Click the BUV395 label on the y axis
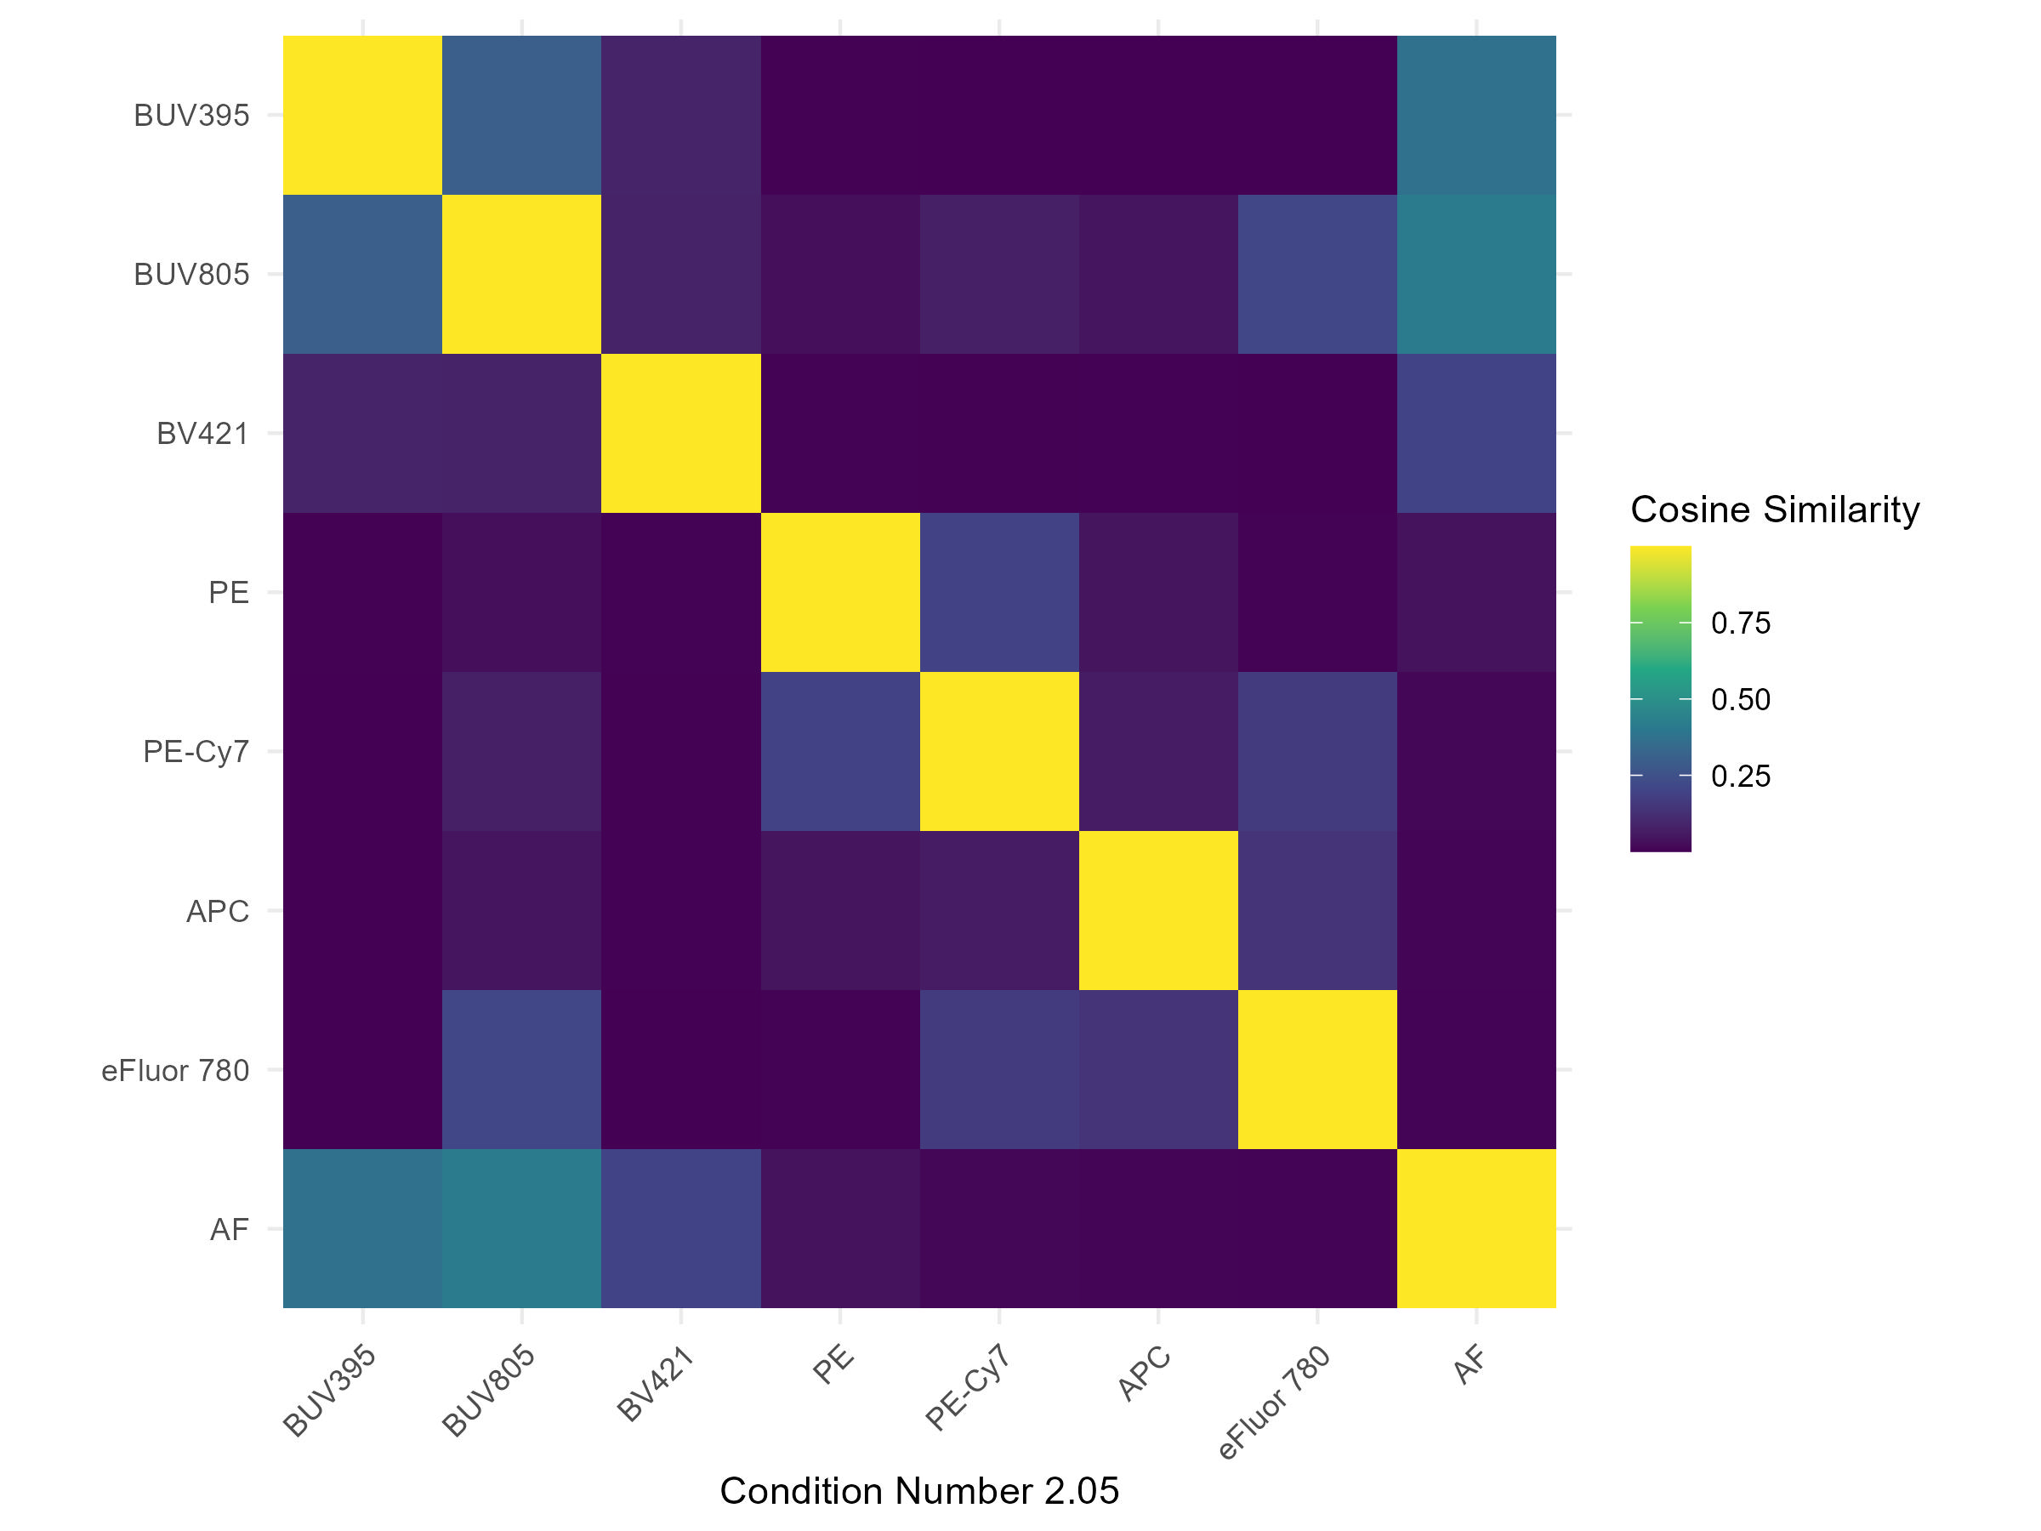pos(191,116)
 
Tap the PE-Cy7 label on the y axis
pos(196,752)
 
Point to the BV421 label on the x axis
pos(655,1383)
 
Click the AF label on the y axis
pos(229,1230)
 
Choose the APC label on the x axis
pos(1144,1374)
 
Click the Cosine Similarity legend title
pos(1774,509)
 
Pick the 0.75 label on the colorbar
pos(1740,623)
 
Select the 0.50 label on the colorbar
pos(1740,699)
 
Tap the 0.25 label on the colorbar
pos(1740,776)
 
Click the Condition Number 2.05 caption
pos(919,1490)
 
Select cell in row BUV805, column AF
pos(1476,274)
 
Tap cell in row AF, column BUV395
pos(362,1229)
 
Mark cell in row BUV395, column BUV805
pos(521,116)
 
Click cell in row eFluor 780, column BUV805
pos(521,1070)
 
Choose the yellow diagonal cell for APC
pos(1158,911)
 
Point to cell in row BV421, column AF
pos(1476,434)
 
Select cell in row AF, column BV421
pos(681,1229)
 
